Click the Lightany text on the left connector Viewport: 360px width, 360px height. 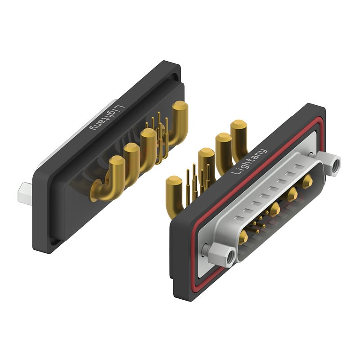click(x=108, y=117)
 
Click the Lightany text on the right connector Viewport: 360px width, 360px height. click(x=249, y=162)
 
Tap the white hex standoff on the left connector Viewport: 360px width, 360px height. click(x=25, y=193)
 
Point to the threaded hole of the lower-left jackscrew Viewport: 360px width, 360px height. click(x=230, y=256)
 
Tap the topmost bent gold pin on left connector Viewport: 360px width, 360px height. click(x=179, y=124)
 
